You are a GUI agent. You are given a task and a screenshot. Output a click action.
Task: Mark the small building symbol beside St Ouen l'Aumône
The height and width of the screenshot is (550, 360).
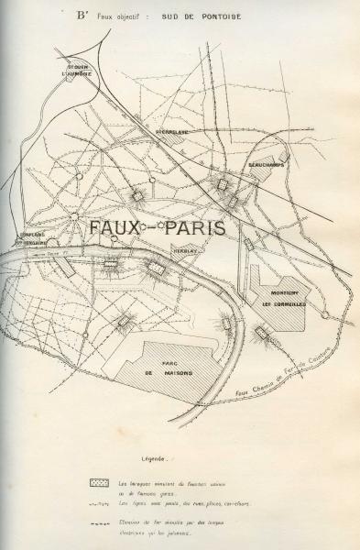click(x=71, y=79)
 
